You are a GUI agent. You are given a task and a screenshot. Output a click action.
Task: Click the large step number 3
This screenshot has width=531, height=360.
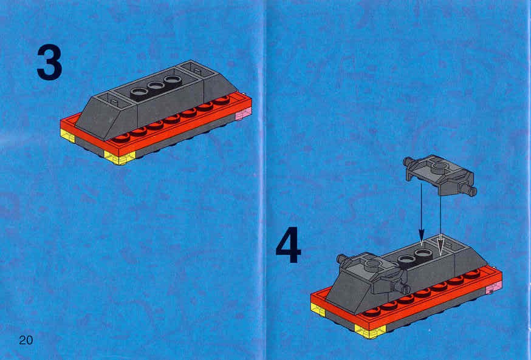click(x=49, y=63)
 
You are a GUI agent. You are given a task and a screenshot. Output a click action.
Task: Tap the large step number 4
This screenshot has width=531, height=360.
click(x=288, y=245)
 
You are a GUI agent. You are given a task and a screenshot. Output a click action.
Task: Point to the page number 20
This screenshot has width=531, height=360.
click(x=26, y=340)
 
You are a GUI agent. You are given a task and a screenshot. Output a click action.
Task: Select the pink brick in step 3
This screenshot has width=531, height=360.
click(x=243, y=113)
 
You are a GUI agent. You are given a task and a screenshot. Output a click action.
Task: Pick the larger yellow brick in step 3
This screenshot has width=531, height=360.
click(x=120, y=157)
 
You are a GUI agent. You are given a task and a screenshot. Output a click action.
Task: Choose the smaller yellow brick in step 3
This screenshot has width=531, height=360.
click(x=67, y=135)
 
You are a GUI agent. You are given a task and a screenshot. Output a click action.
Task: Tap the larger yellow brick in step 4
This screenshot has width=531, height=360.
click(x=370, y=331)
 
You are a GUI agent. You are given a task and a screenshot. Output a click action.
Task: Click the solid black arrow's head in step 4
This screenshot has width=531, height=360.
click(x=421, y=235)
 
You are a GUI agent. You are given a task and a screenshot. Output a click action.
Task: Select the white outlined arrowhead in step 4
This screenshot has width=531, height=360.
click(x=440, y=245)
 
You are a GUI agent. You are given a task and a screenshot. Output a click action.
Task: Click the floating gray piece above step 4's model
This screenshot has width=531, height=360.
click(x=440, y=175)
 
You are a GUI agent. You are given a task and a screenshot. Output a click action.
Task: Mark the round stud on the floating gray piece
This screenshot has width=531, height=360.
click(x=439, y=166)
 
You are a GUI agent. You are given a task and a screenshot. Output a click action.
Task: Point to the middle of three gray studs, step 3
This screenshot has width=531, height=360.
click(x=156, y=86)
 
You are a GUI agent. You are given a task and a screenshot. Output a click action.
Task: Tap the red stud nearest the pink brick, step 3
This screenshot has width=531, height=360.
click(x=222, y=100)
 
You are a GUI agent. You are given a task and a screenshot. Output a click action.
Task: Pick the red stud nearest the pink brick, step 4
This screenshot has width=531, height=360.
click(x=472, y=274)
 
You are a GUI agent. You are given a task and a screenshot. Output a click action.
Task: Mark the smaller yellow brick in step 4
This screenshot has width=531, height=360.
click(x=318, y=310)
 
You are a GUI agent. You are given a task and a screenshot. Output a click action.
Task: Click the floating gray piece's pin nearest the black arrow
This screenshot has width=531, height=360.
click(x=409, y=162)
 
